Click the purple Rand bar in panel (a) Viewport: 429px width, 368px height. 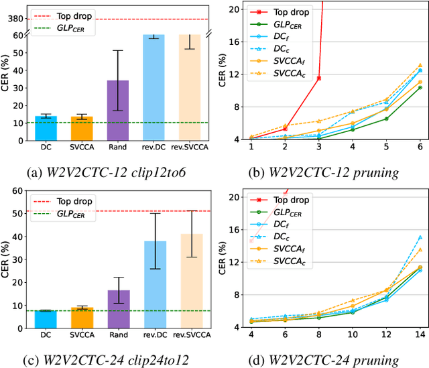coord(118,111)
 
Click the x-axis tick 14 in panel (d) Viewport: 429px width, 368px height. coord(420,334)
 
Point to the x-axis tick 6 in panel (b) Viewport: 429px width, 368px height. coord(420,147)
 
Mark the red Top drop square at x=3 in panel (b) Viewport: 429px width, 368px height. coord(318,78)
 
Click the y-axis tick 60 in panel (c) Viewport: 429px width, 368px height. coord(19,192)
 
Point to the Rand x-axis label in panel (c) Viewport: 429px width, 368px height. coord(118,334)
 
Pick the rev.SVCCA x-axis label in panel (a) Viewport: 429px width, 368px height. coord(190,147)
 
